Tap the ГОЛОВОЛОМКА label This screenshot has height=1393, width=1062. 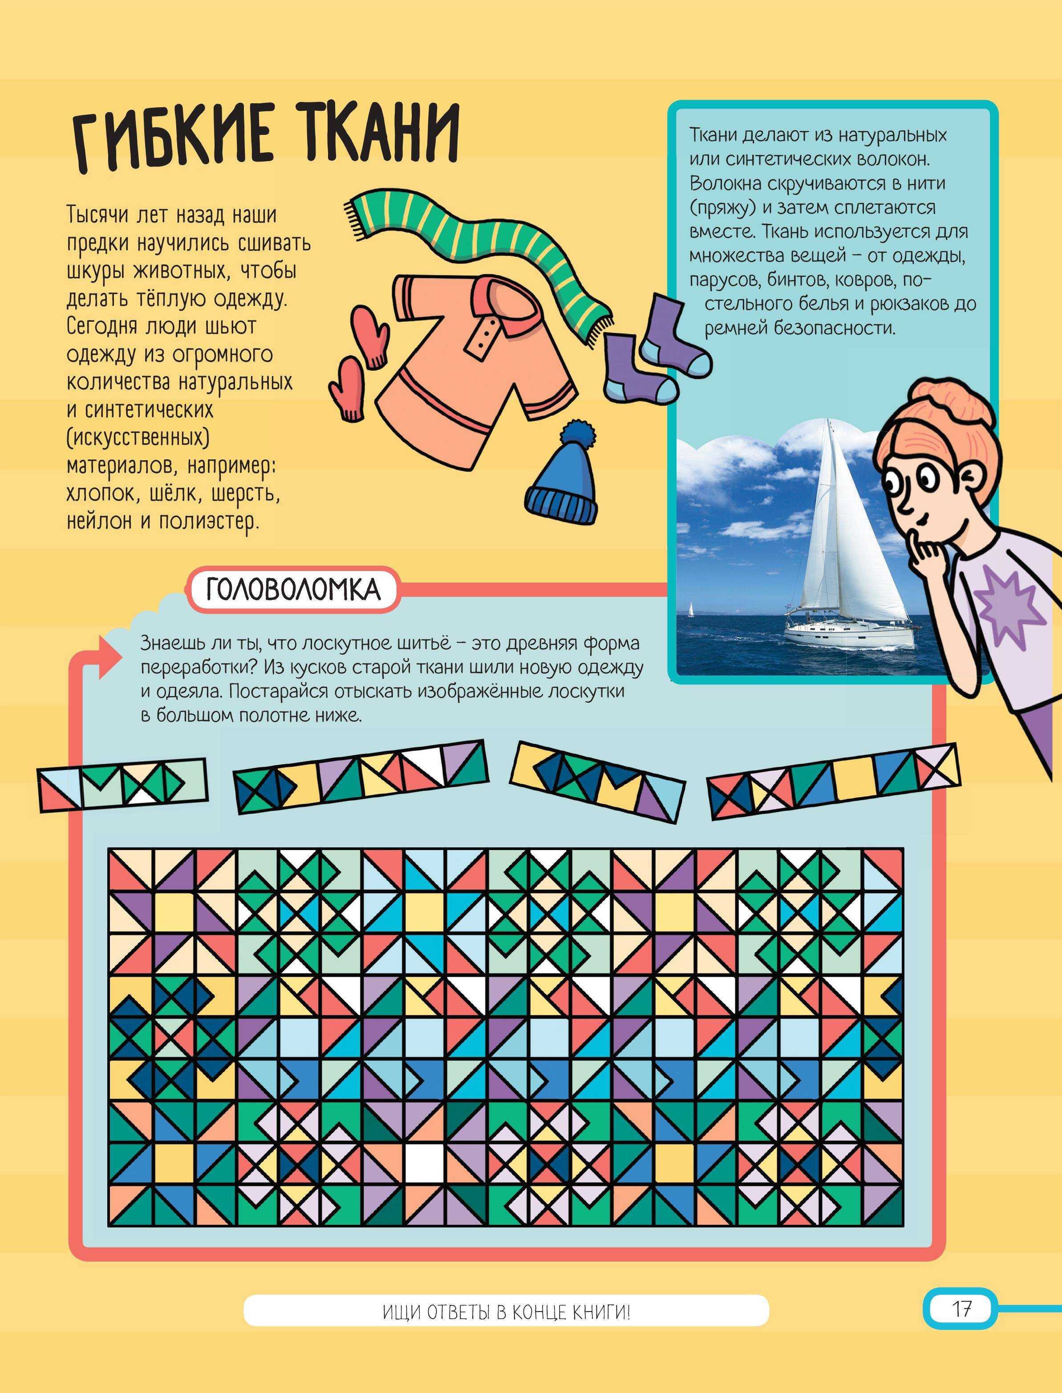pyautogui.click(x=293, y=590)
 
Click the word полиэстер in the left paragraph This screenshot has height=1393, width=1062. pyautogui.click(x=209, y=522)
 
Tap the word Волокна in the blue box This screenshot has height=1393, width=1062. pyautogui.click(x=725, y=183)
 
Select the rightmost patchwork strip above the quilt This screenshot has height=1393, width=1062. pyautogui.click(x=833, y=782)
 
